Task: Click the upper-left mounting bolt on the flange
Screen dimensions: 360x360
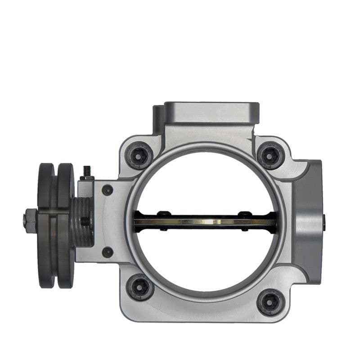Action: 139,155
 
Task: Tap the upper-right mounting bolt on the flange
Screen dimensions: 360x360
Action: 270,155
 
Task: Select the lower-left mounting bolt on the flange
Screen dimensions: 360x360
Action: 139,287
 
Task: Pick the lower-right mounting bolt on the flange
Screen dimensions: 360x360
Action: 270,301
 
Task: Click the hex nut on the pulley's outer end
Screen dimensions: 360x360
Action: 30,221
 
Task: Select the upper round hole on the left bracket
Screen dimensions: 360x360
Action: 107,190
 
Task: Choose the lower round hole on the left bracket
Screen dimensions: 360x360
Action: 107,252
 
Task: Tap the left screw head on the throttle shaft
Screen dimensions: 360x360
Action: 164,214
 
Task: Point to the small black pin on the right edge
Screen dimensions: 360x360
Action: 324,221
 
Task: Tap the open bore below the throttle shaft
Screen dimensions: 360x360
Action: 205,261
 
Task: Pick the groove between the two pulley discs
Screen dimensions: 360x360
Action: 55,225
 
